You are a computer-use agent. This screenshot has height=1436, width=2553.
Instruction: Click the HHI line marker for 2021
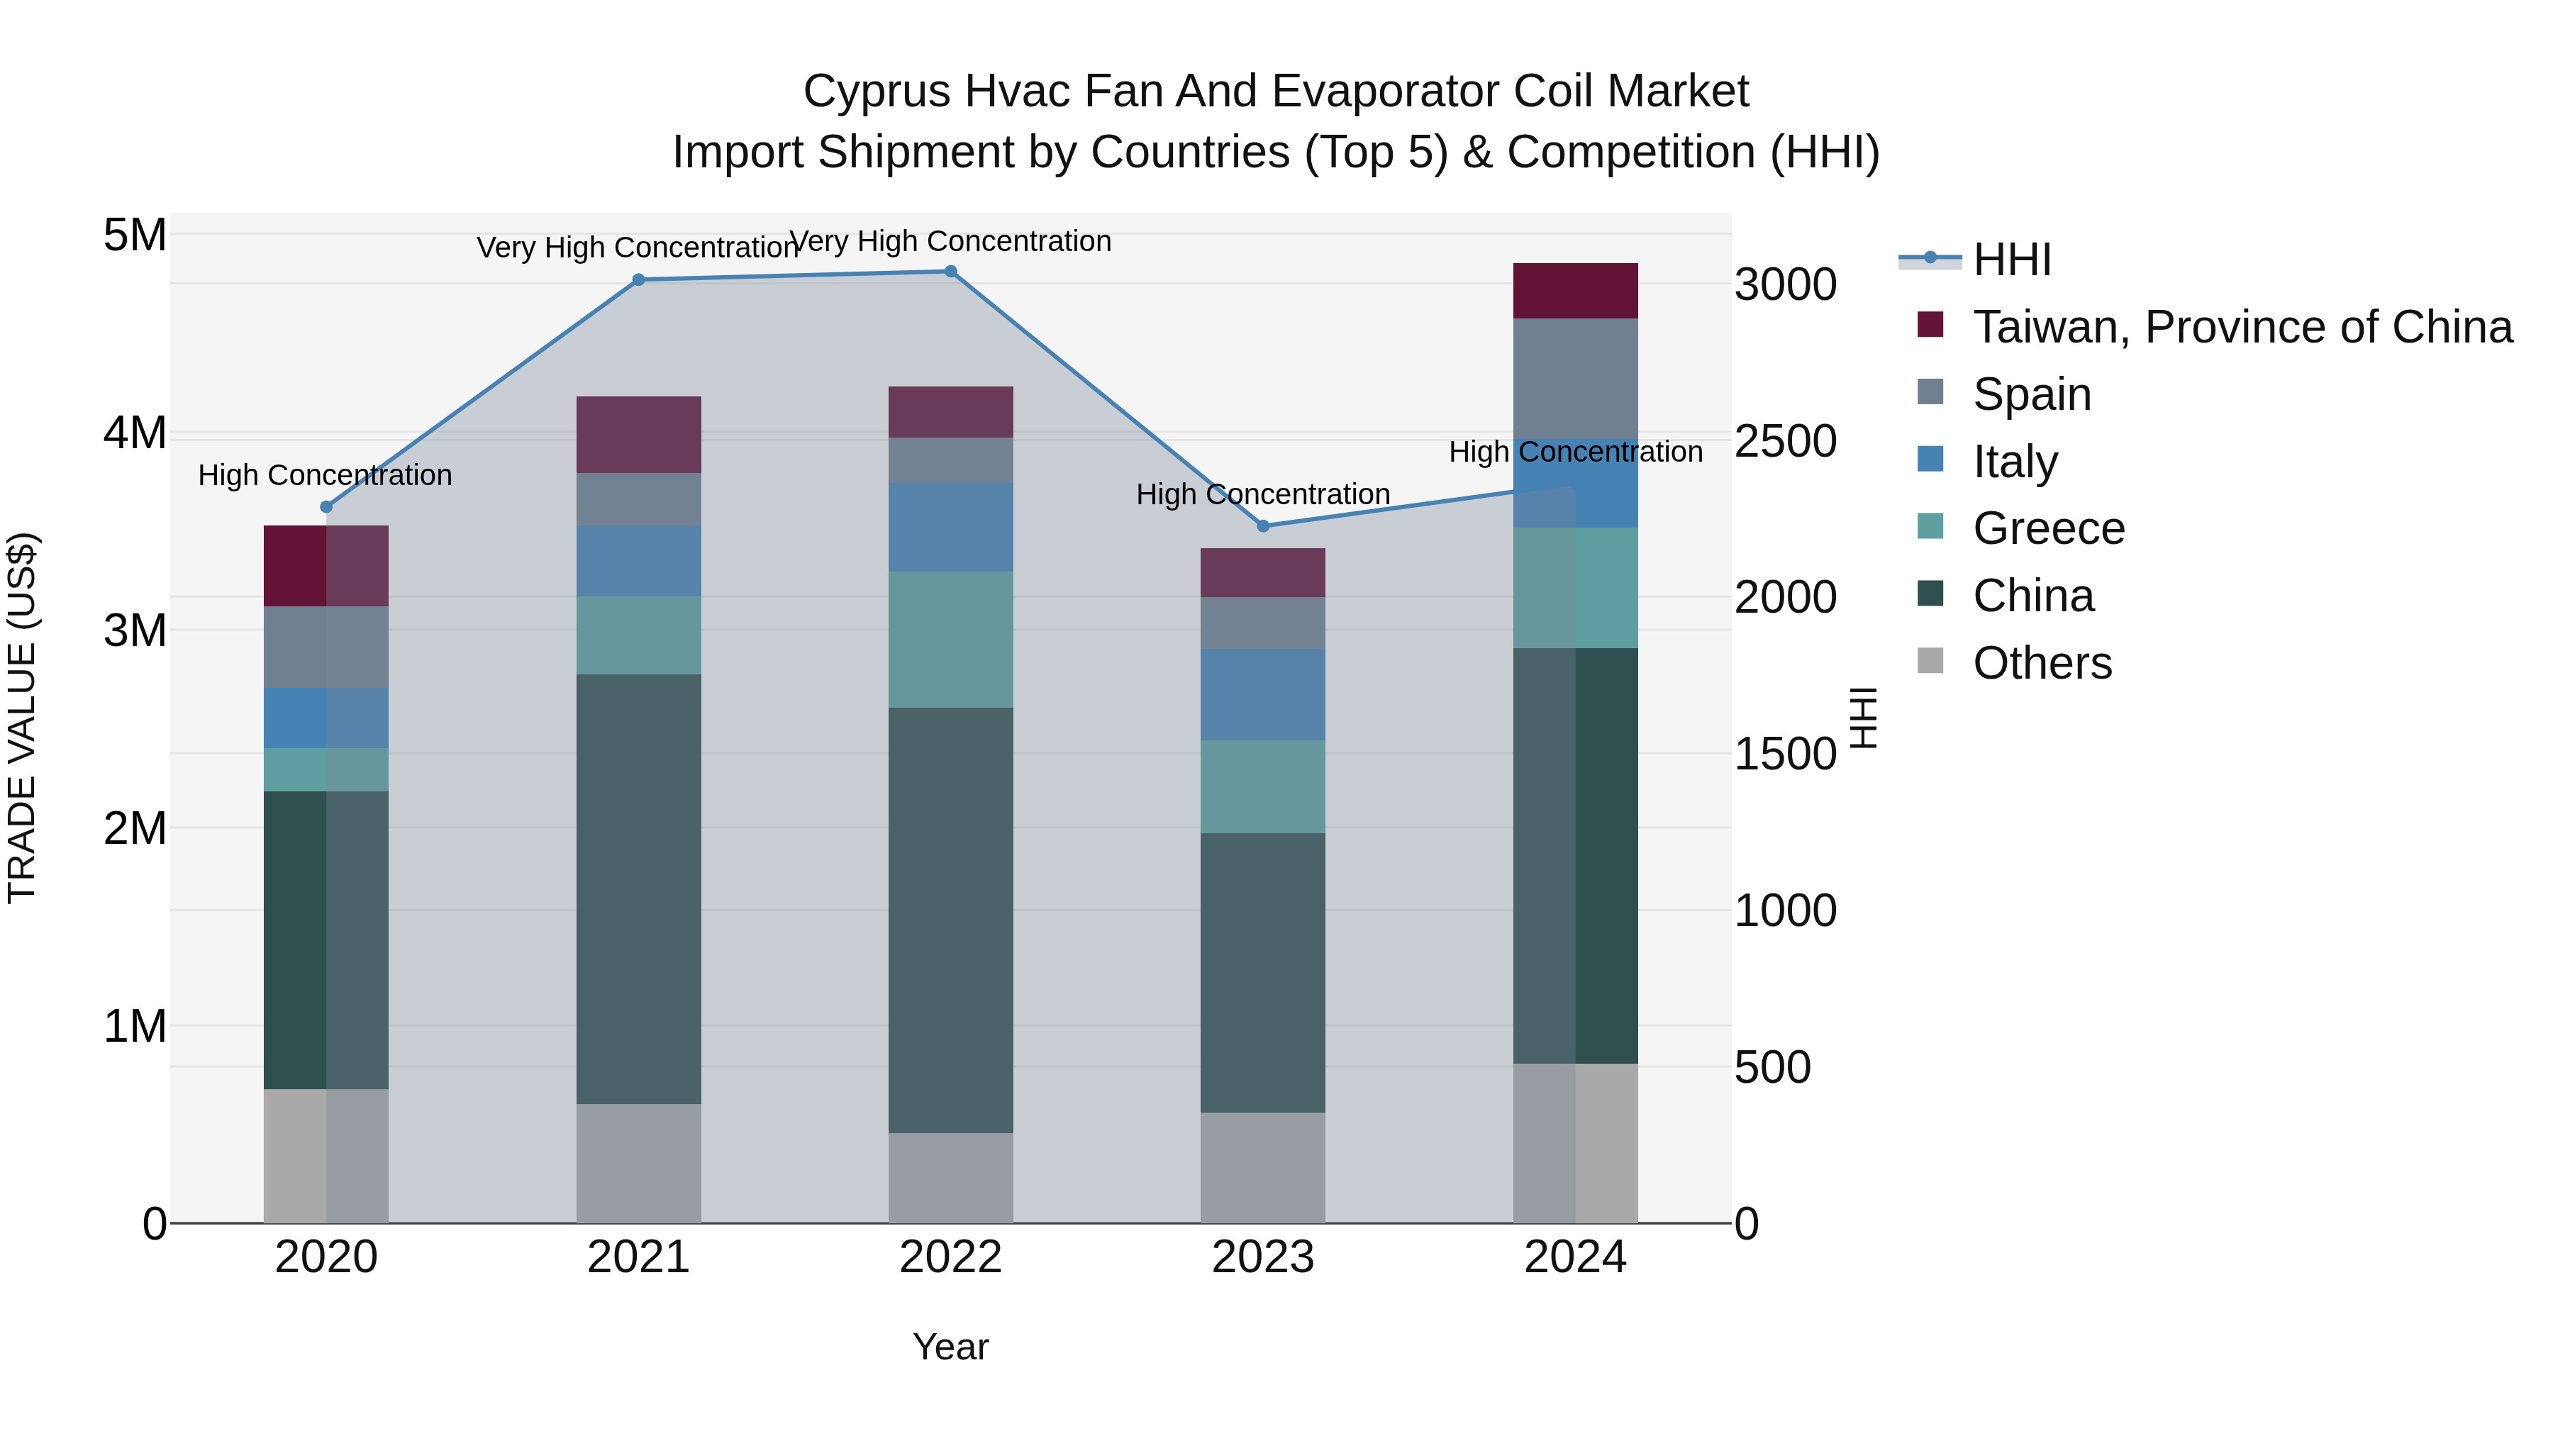coord(638,279)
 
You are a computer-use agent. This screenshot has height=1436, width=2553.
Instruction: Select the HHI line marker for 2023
coord(1262,525)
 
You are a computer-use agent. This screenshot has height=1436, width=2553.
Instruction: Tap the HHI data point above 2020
coord(326,506)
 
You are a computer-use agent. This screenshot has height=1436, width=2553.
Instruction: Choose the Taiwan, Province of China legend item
coord(2242,327)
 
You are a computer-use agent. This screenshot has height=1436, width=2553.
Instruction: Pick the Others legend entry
coord(2042,663)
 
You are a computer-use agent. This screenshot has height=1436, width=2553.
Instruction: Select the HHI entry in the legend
coord(2011,260)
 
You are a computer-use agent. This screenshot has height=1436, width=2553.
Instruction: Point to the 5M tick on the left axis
coord(135,236)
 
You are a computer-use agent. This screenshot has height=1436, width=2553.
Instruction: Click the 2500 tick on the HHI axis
coord(1785,441)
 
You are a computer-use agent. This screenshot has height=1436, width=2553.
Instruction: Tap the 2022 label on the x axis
coord(950,1257)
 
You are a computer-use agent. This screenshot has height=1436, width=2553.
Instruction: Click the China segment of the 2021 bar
coord(638,889)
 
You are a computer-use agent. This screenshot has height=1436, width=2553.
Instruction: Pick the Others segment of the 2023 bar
coord(1262,1167)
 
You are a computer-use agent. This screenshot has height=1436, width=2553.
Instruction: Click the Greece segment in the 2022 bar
coord(950,639)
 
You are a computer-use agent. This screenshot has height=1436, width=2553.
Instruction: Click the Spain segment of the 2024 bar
coord(1575,379)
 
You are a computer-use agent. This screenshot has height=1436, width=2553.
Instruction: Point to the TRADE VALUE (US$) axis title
coord(22,718)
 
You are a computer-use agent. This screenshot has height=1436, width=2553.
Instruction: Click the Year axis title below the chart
coord(950,1347)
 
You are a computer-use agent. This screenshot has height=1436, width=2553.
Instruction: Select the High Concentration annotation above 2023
coord(1262,494)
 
